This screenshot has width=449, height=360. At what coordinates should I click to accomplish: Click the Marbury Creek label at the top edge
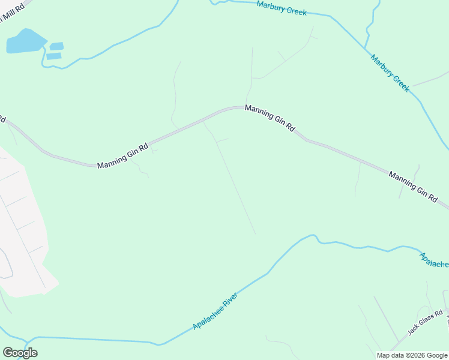coord(282,8)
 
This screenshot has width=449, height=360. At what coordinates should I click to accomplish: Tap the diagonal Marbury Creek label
coord(390,73)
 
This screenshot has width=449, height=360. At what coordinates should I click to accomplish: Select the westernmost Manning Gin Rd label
coord(122,156)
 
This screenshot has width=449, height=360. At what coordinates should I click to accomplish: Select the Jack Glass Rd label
coord(425,322)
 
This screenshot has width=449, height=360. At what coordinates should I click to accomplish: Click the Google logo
coord(20,353)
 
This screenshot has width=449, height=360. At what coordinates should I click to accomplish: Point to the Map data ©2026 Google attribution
coord(412,355)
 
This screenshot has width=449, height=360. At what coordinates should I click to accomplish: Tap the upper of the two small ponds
coord(56,46)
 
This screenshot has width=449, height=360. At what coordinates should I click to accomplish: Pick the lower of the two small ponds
coord(53,56)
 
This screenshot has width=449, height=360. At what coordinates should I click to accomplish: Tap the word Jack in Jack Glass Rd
coord(413,329)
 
